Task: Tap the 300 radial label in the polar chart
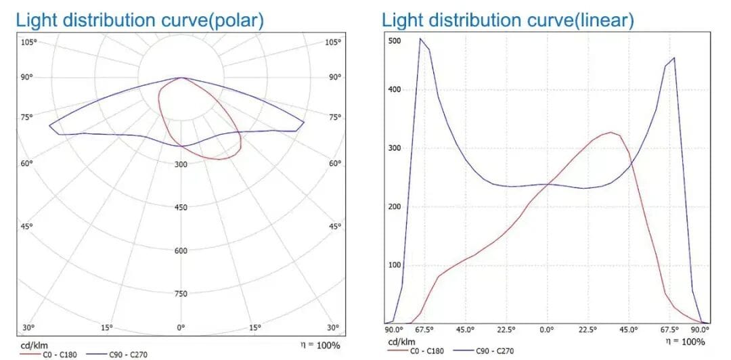181,164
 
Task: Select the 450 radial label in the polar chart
181,208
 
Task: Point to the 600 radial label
181,251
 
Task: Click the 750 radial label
181,294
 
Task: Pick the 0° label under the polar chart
181,328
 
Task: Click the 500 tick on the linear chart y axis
395,41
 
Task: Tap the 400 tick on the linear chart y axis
395,89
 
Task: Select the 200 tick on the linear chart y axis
395,206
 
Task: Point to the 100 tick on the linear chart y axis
395,265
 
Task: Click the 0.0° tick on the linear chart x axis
547,330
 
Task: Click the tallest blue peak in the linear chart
420,39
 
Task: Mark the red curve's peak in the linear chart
611,133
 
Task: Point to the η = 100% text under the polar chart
320,345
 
